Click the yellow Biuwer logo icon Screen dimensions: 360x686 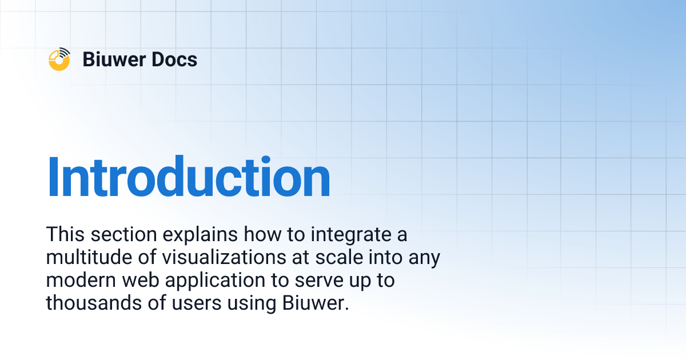pyautogui.click(x=59, y=59)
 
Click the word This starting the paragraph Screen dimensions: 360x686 pyautogui.click(x=64, y=235)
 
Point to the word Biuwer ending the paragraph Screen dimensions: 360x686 pyautogui.click(x=314, y=303)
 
